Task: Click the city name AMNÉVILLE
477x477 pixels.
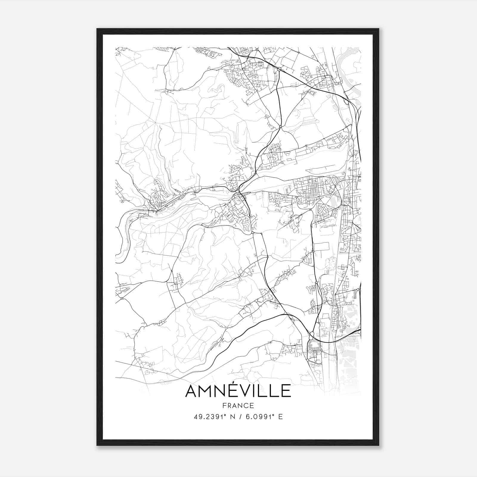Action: click(238, 391)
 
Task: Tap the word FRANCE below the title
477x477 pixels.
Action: click(238, 406)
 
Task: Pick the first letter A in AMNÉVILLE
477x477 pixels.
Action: click(192, 391)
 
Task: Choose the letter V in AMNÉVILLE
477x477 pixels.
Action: click(244, 391)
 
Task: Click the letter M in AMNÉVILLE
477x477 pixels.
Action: click(206, 391)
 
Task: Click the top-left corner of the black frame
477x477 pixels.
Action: click(97, 29)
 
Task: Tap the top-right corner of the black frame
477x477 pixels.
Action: click(379, 29)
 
